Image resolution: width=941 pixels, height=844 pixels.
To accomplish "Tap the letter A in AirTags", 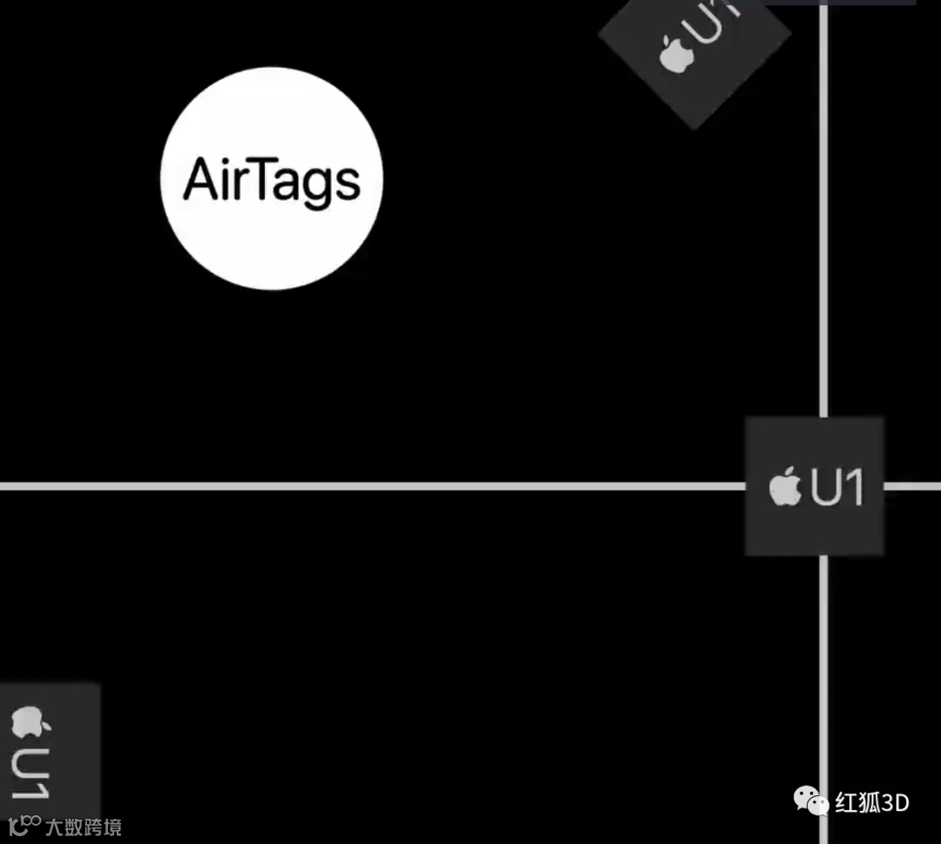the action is pos(200,181).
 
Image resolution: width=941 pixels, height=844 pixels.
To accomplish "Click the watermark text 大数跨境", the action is pos(83,827).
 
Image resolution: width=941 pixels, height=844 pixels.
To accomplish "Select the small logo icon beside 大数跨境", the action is pos(24,824).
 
